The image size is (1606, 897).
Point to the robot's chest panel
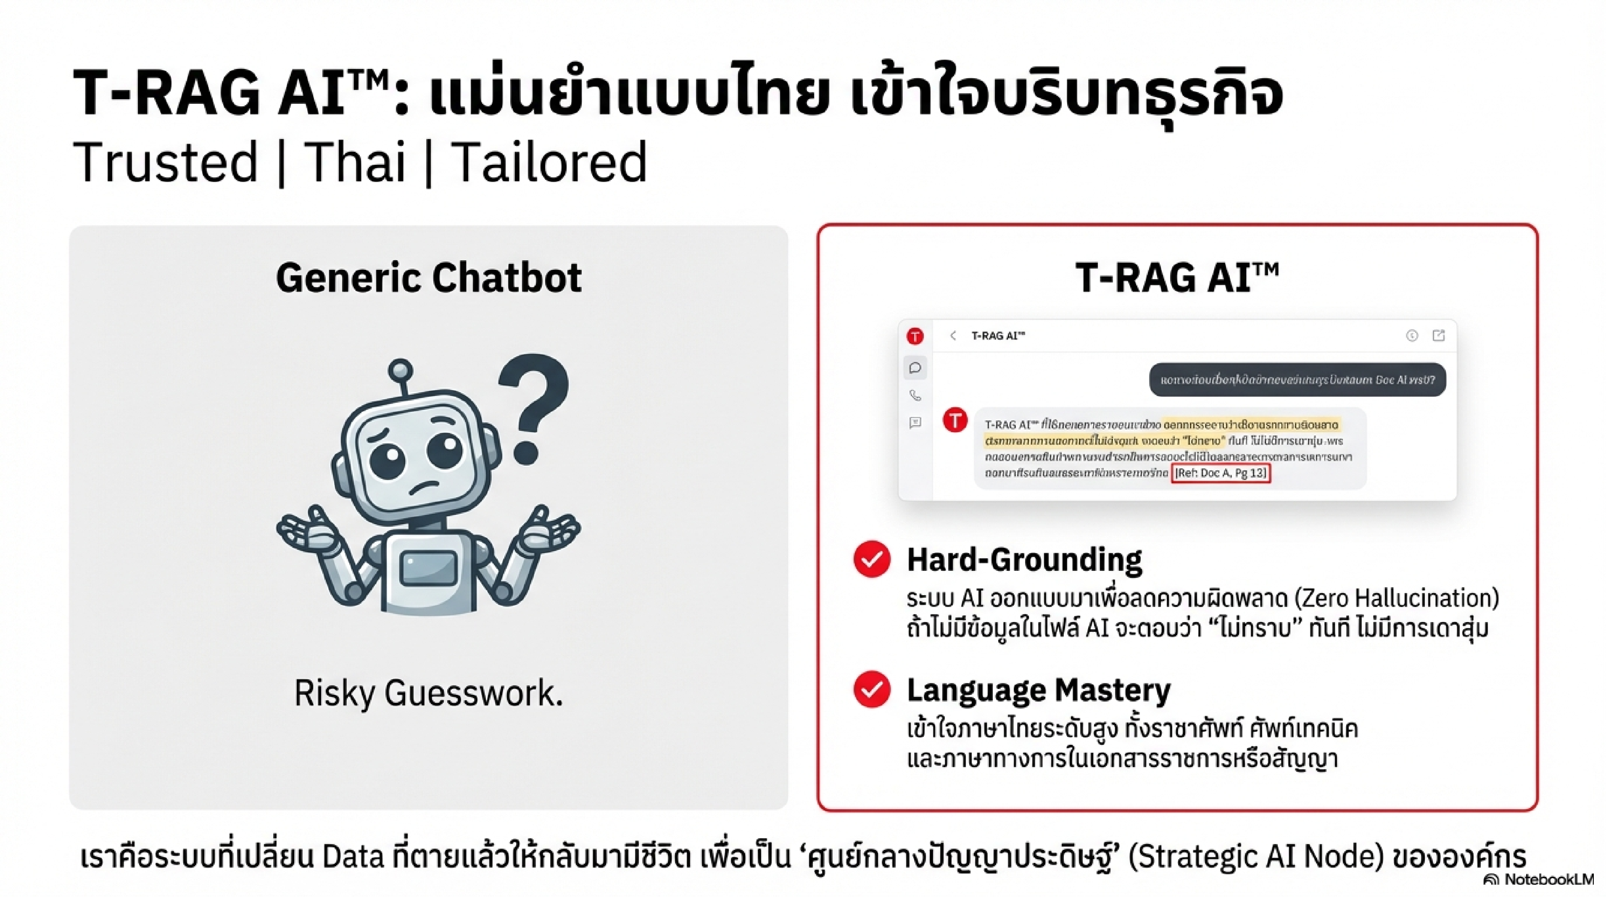(x=428, y=568)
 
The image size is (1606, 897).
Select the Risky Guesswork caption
(x=428, y=693)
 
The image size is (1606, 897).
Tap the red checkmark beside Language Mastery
(x=872, y=689)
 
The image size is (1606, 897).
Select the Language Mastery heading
(x=1039, y=689)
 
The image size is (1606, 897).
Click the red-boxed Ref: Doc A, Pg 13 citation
(x=1220, y=473)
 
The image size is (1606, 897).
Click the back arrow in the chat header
(x=952, y=336)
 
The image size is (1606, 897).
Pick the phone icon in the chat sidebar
(x=915, y=395)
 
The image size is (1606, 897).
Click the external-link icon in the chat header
(x=1438, y=336)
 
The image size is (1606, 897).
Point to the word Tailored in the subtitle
(x=549, y=163)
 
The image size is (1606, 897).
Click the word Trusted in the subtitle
(x=165, y=163)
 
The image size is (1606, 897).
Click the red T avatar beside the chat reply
(x=955, y=420)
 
